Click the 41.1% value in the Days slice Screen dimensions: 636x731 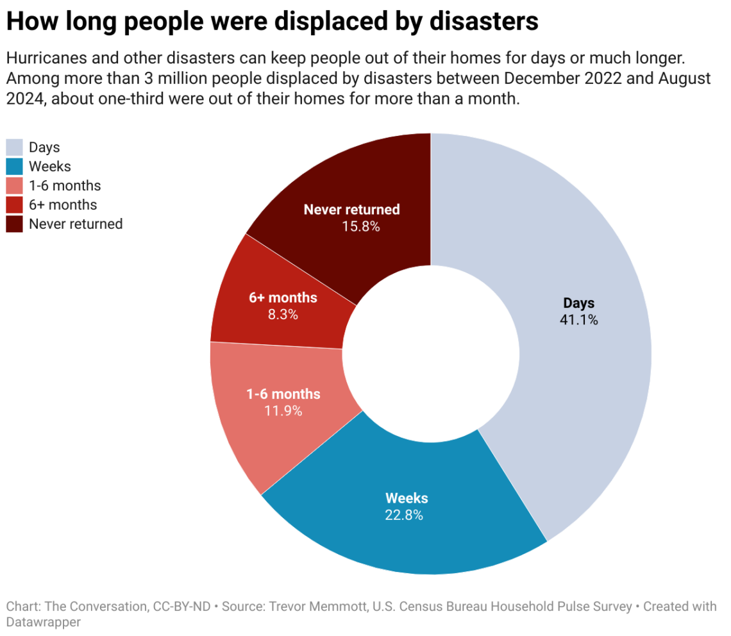(579, 320)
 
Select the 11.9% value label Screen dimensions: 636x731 (283, 411)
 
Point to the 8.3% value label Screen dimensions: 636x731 (283, 314)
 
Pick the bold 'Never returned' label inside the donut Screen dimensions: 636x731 (351, 210)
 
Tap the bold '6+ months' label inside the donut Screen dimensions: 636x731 (283, 297)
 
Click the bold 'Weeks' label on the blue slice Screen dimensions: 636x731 (407, 498)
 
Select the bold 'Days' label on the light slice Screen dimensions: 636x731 (579, 303)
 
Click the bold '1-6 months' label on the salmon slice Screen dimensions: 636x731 (283, 394)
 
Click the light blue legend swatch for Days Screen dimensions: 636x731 (15, 147)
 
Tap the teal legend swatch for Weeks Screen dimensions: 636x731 (15, 167)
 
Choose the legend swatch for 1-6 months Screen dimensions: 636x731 (15, 186)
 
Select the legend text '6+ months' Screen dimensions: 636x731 (63, 205)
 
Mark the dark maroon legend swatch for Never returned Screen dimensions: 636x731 (15, 224)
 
